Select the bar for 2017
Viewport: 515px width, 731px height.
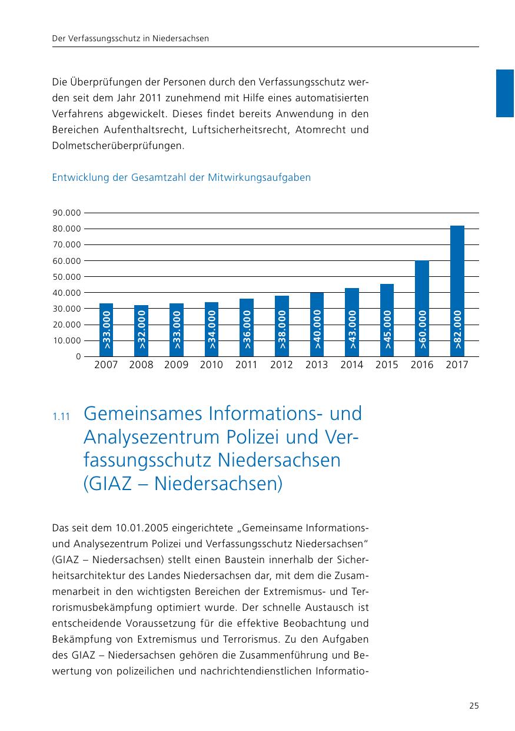click(457, 291)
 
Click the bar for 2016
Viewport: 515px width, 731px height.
click(422, 308)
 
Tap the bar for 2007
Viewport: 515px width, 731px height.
click(106, 330)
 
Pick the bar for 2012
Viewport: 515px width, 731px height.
click(282, 326)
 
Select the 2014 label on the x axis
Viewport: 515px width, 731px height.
click(352, 365)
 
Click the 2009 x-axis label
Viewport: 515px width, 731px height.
click(176, 365)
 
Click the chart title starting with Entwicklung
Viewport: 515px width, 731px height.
click(181, 177)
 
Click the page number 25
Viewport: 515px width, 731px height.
click(474, 706)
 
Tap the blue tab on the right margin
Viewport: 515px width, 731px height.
click(505, 93)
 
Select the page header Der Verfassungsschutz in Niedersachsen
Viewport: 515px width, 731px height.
click(131, 38)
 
